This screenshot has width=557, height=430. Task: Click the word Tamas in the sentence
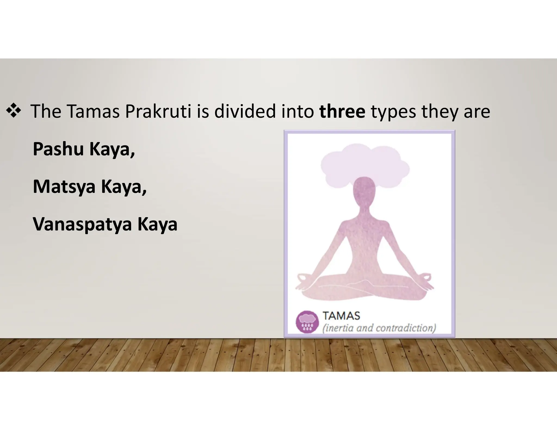pyautogui.click(x=93, y=111)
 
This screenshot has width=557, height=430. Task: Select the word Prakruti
pyautogui.click(x=158, y=111)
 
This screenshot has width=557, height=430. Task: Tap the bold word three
pyautogui.click(x=342, y=111)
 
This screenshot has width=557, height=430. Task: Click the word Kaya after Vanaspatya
pyautogui.click(x=157, y=225)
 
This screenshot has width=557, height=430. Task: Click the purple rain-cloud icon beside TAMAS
pyautogui.click(x=307, y=322)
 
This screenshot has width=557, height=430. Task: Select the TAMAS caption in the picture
pyautogui.click(x=341, y=316)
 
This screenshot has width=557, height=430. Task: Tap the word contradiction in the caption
pyautogui.click(x=405, y=328)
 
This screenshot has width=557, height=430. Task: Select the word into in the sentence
pyautogui.click(x=298, y=111)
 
